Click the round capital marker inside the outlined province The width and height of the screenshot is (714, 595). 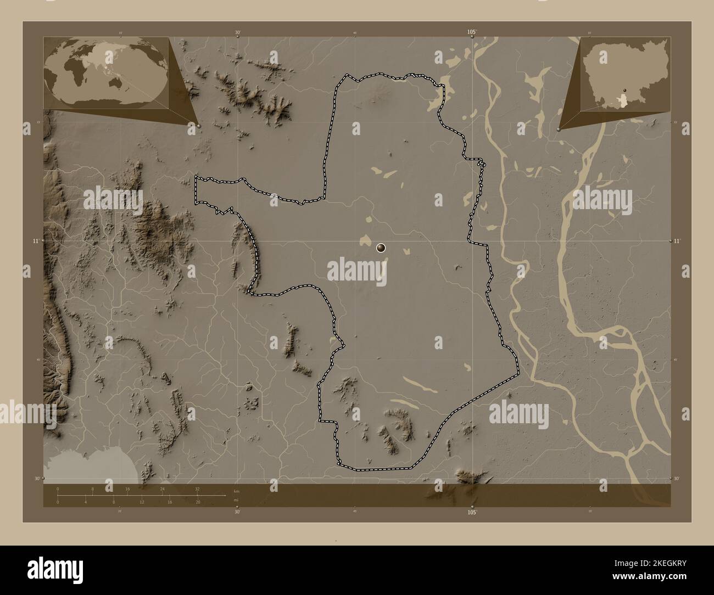(381, 248)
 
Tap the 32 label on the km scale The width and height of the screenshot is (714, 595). (197, 488)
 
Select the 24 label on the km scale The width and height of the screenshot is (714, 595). (162, 488)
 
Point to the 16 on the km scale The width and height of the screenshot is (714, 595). (127, 488)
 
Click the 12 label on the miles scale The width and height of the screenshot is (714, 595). (142, 502)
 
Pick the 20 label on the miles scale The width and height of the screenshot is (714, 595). (198, 502)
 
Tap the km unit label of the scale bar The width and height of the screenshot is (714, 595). (237, 490)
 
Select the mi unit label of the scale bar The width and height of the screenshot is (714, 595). (236, 500)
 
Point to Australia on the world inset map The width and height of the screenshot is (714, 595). (117, 82)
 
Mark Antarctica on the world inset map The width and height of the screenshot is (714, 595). (104, 103)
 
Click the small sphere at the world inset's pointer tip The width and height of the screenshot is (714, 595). (198, 126)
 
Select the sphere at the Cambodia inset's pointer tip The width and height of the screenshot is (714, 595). (559, 130)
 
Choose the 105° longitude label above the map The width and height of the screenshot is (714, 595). (472, 33)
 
